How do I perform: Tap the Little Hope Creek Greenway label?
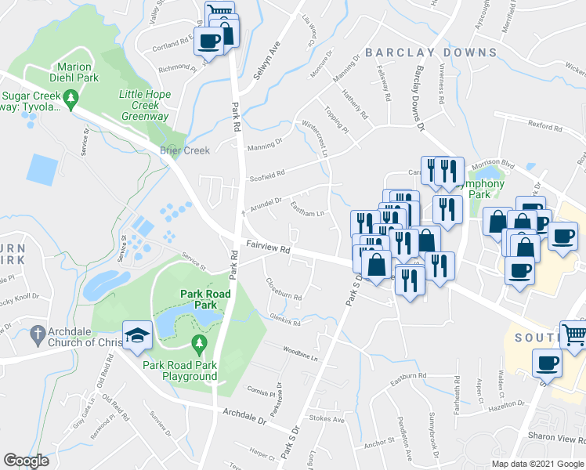(x=144, y=105)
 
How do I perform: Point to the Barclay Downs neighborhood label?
(x=430, y=52)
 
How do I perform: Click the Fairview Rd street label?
(x=269, y=246)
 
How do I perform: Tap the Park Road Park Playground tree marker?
(x=199, y=344)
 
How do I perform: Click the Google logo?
(x=26, y=460)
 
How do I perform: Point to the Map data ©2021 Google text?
(x=537, y=464)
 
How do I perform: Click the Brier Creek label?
(x=185, y=150)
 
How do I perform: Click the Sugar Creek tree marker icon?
(x=71, y=98)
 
